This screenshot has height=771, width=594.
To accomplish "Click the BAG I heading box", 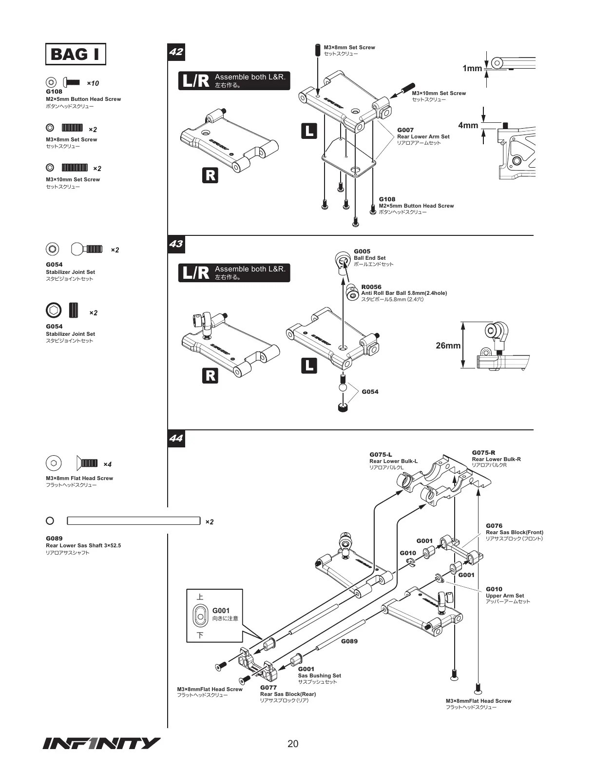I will coord(76,54).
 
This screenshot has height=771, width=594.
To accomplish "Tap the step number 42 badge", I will coord(176,51).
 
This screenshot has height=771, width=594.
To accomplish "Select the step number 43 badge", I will coord(176,243).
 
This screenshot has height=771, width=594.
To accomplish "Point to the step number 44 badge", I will coord(176,438).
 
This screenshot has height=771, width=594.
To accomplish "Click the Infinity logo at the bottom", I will coord(101,743).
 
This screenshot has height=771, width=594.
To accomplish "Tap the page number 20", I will coord(293,744).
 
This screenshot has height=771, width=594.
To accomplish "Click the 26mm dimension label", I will coord(448,346).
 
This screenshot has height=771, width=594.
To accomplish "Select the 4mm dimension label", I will coord(468,125).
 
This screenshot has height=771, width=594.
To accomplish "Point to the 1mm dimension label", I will coord(472,69).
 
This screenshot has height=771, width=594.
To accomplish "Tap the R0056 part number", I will coord(371,287).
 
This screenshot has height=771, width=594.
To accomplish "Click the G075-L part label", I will coord(381,454).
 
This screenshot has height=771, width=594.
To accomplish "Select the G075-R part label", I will coord(483,453).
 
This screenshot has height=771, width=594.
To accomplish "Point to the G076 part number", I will coord(494,525).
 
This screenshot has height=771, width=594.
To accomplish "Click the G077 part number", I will coord(268,688).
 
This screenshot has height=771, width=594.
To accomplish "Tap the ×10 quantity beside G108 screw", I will coord(93,83).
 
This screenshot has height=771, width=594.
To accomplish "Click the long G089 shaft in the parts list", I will coord(134,521).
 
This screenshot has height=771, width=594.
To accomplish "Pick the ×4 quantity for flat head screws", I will coord(107,464).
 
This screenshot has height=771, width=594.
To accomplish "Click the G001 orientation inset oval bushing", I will coord(200,616).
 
